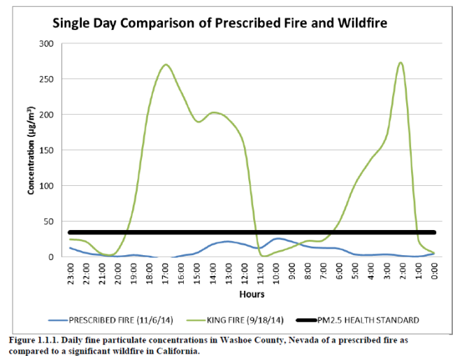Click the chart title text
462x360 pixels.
click(x=219, y=22)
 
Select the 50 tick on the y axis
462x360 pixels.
click(x=48, y=222)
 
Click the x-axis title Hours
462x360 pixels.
click(x=252, y=296)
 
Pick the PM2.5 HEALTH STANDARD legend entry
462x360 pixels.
click(x=370, y=320)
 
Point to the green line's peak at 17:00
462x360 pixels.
click(x=166, y=65)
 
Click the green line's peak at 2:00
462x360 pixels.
click(x=400, y=63)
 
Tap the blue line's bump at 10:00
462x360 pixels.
click(x=277, y=238)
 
